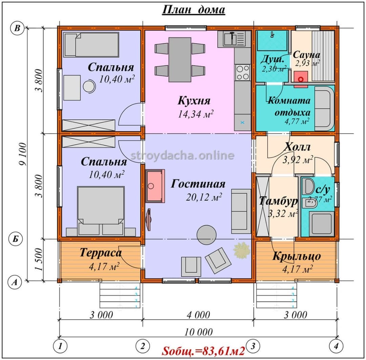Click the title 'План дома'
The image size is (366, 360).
coord(194,10)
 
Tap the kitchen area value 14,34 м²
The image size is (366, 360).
coord(196,114)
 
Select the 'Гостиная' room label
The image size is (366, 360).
coord(198,184)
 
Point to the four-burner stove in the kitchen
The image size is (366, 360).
coord(243,73)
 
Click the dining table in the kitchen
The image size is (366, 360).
coord(180,59)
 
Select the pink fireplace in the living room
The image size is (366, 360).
coord(155,186)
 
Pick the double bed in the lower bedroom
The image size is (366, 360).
coord(101,211)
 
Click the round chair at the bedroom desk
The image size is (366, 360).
coord(89,87)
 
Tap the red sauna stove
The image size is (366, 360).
coord(301,79)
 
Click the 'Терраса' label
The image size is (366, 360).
coord(101,253)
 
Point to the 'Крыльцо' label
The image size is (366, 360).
coord(297,256)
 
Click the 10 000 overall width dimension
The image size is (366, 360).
coord(198,332)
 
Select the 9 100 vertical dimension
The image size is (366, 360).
coord(23,154)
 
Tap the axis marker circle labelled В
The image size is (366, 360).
coord(17,28)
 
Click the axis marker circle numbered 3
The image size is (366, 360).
coord(253,345)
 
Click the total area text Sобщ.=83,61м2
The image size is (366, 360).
coord(203,350)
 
